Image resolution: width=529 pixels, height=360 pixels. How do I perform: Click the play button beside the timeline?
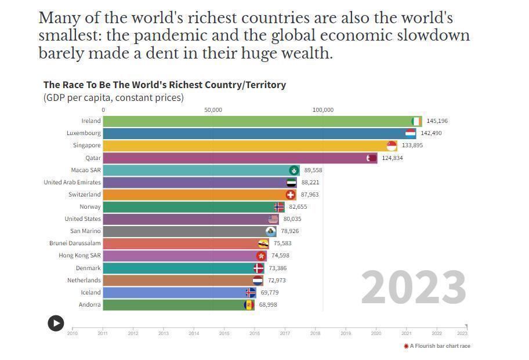56,323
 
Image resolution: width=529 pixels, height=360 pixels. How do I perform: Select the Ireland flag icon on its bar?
416,121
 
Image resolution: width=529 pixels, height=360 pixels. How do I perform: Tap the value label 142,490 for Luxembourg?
431,133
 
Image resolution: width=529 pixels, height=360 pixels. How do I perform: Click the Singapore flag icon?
392,146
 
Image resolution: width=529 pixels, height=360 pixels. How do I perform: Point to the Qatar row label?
93,158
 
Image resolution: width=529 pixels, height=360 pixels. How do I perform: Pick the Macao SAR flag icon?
295,170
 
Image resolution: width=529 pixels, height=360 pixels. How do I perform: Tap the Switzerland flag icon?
291,195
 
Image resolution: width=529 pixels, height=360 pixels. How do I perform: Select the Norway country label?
90,207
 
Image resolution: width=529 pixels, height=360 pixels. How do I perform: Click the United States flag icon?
273,219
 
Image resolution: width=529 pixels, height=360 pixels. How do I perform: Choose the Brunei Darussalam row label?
75,243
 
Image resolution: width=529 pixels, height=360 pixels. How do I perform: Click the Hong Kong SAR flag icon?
261,256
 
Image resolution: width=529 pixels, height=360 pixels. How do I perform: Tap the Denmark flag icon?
258,268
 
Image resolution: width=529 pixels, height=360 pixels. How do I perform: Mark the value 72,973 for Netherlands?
276,281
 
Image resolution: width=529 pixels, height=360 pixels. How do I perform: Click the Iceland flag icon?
251,293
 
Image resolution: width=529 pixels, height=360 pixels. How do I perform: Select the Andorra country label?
90,305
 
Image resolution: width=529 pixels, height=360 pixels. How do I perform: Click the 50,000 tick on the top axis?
213,110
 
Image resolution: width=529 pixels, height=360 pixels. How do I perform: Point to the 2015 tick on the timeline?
224,333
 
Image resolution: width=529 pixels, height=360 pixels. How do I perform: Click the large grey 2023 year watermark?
414,288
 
